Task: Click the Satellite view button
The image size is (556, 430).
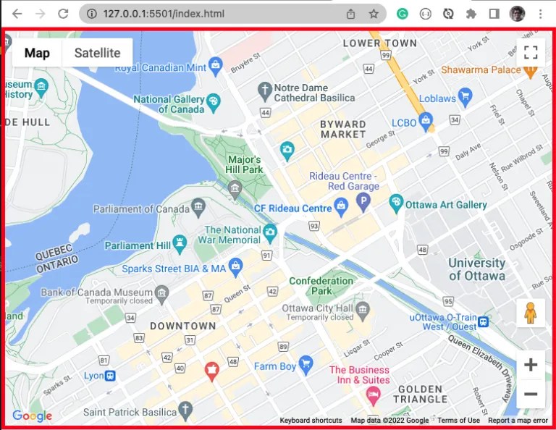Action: coord(97,53)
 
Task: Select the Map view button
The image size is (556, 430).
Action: coord(37,53)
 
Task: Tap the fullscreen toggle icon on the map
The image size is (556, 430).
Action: coord(531,52)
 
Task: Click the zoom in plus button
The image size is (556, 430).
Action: coord(531,365)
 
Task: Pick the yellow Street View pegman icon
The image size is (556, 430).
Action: coord(531,313)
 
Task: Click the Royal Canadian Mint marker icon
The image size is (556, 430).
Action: coord(215,66)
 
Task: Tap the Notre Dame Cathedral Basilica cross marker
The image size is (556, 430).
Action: coord(265,90)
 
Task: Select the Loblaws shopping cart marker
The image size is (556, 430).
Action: coord(466,96)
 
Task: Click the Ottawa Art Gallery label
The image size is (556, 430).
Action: coord(446,205)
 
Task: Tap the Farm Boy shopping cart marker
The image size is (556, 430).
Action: coord(306,363)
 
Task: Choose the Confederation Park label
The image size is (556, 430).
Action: coord(321,286)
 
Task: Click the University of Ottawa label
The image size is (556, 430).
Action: coord(476,269)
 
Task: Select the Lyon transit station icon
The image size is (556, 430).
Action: coord(110,376)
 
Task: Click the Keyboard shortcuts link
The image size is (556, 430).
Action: coord(311,421)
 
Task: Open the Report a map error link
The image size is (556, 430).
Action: coord(518,421)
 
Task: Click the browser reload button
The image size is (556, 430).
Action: coord(63,14)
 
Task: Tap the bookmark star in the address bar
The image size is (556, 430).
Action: coord(374,14)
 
